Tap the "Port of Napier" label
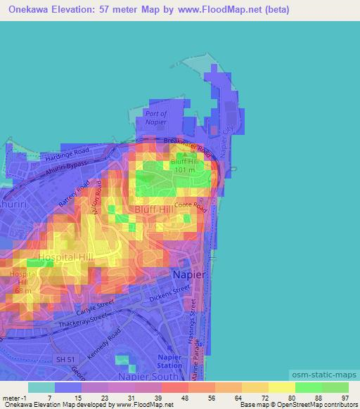pyautogui.click(x=155, y=117)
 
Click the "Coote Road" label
pyautogui.click(x=191, y=205)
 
